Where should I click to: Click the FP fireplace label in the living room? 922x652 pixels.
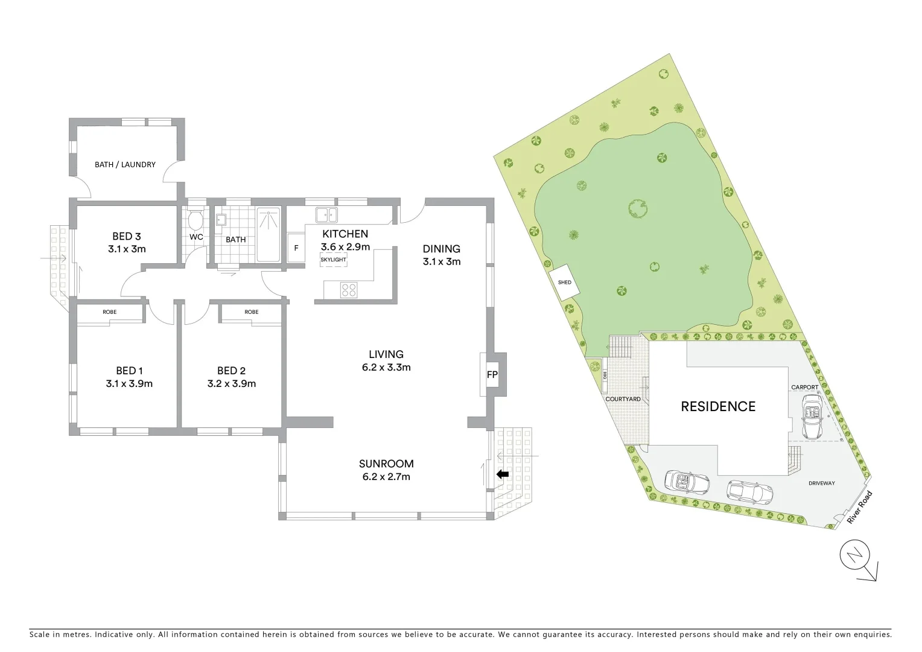coord(492,375)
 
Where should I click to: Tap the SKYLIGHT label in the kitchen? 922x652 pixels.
coord(333,260)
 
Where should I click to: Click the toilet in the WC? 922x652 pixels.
coord(195,219)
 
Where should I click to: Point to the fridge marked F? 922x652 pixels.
coord(296,248)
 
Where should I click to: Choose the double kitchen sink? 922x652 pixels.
coord(326,214)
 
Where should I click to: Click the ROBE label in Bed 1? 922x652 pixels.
coord(109,312)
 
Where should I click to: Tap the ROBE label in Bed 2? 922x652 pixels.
coord(252,312)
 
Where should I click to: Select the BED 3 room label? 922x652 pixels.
coord(126,237)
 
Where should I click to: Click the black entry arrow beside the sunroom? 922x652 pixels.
coord(502,475)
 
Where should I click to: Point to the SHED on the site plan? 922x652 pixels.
coord(564,283)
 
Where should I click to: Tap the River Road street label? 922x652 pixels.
coord(859,507)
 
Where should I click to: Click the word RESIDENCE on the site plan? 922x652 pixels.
coord(717,406)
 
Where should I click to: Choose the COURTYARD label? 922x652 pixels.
coord(622,399)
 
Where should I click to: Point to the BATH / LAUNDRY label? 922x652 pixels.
coord(125,164)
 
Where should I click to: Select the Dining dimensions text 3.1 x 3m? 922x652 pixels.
coord(441,261)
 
